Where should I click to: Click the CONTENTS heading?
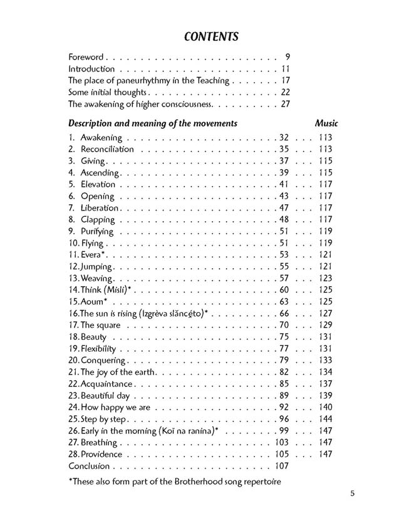pos(211,36)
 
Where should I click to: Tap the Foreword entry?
pos(86,57)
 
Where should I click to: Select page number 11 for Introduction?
pos(285,69)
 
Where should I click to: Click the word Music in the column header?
pos(326,123)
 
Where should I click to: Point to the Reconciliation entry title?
pos(107,149)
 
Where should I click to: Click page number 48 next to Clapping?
pos(283,220)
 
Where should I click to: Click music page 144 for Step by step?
pos(324,419)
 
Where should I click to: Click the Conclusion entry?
pos(89,466)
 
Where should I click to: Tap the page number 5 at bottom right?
pos(353,493)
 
